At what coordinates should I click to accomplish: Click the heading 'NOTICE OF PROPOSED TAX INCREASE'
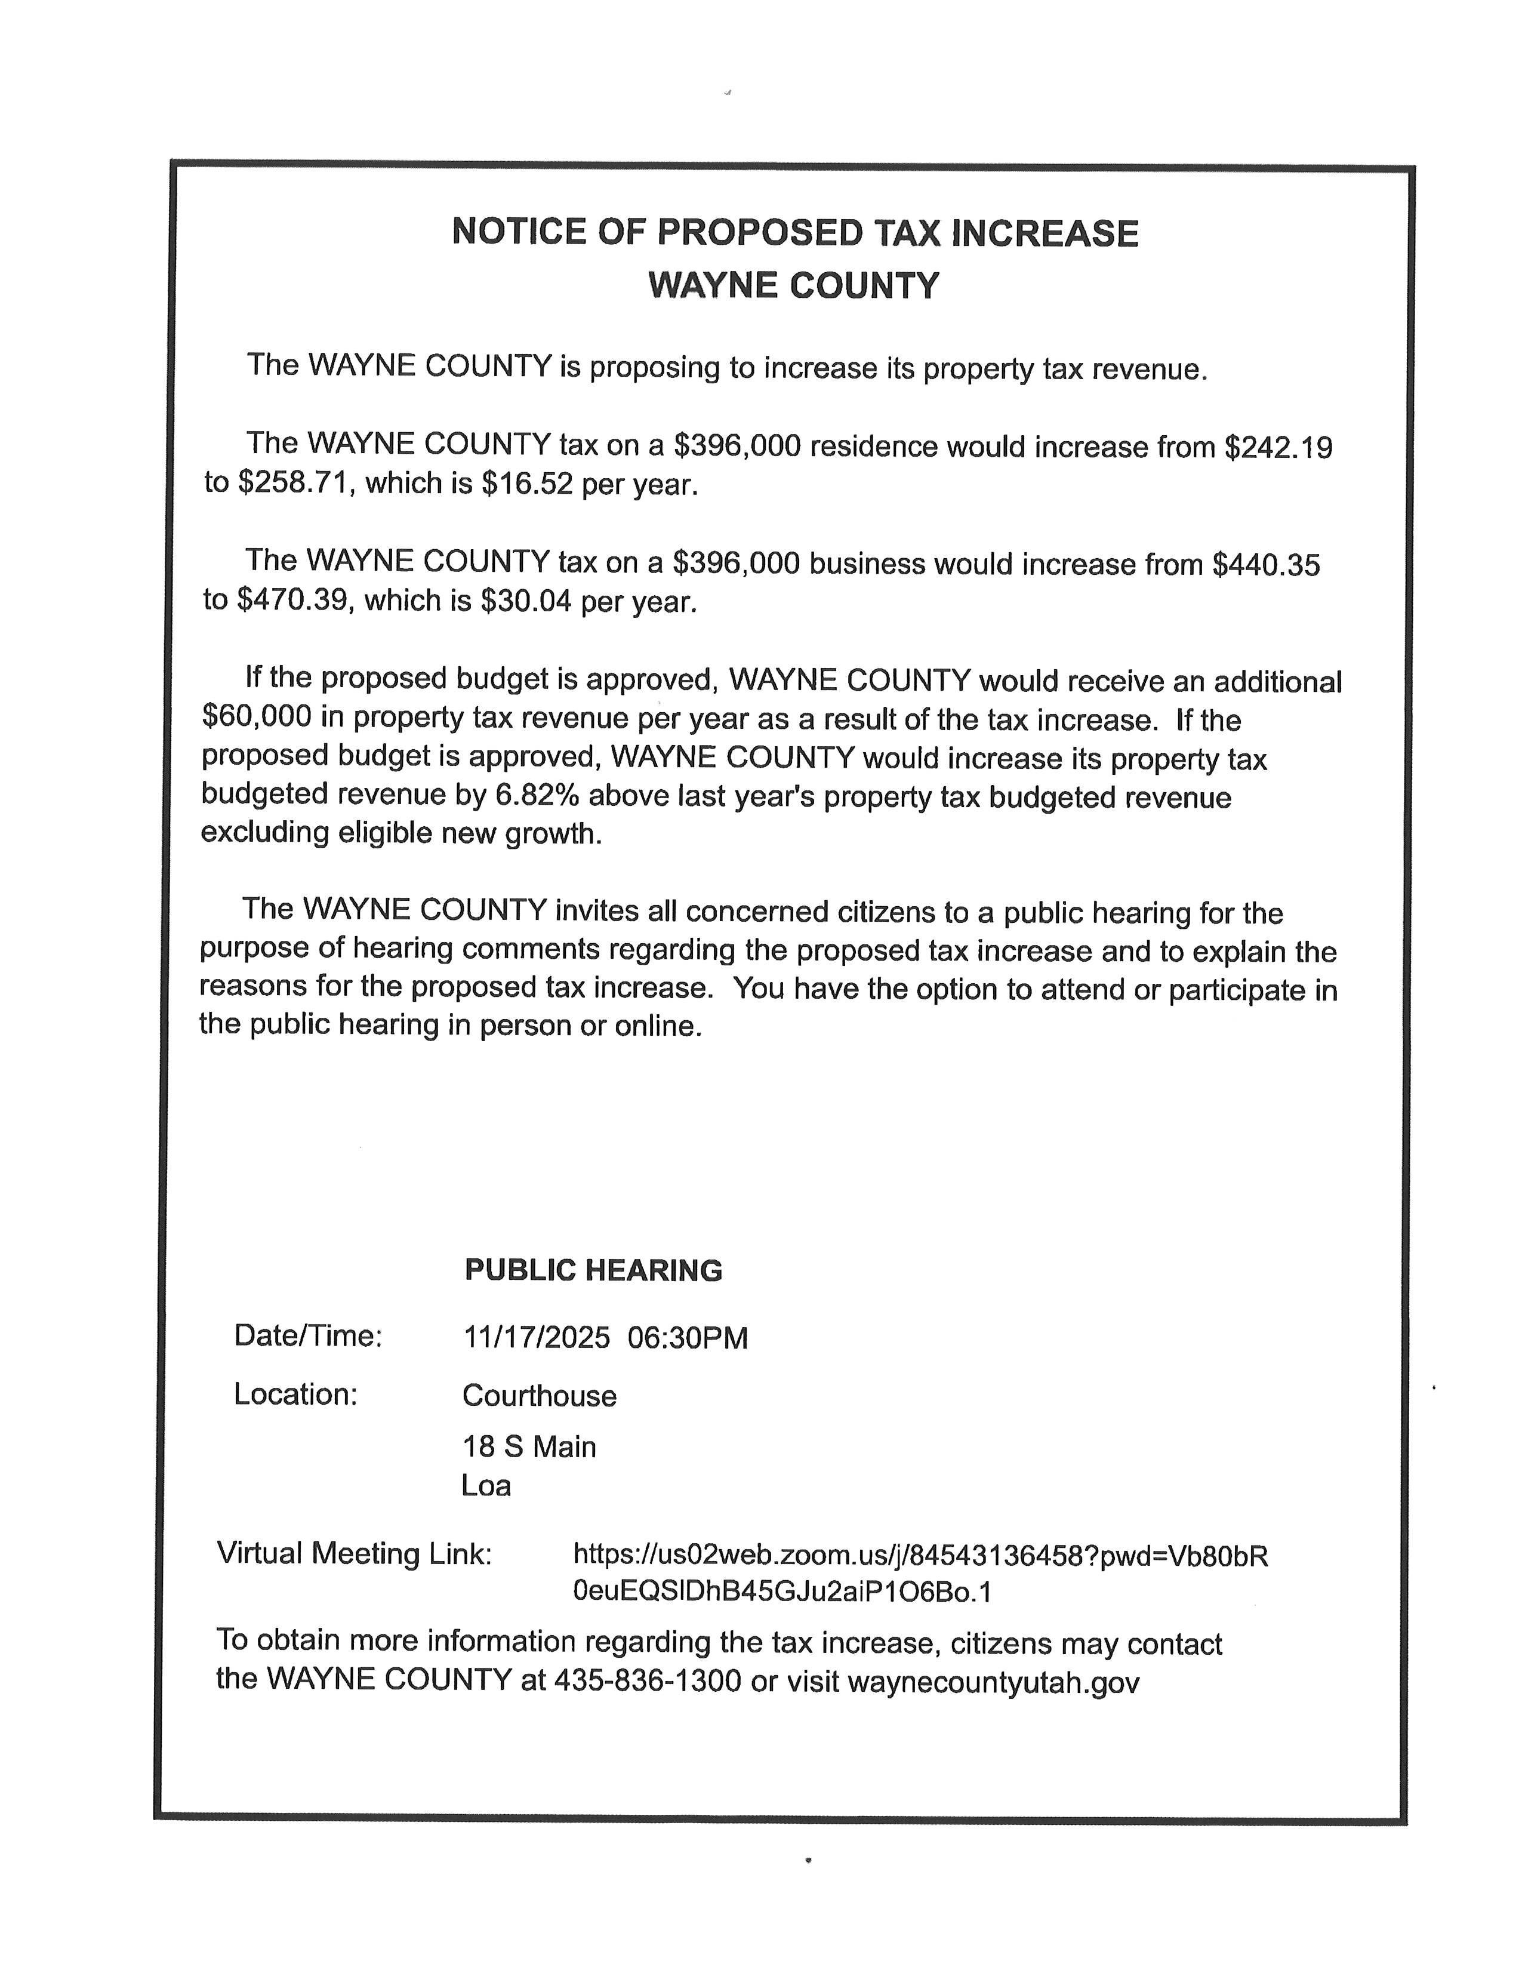click(x=794, y=233)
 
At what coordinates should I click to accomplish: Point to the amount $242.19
click(x=1278, y=447)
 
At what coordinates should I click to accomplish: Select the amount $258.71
click(x=292, y=484)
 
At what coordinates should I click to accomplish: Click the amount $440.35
click(x=1266, y=565)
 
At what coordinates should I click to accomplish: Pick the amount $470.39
click(x=292, y=600)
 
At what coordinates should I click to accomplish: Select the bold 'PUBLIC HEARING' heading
click(x=593, y=1270)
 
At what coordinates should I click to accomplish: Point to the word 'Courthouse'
click(x=539, y=1396)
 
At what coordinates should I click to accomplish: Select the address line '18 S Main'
click(x=529, y=1447)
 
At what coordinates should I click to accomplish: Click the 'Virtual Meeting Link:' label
click(x=355, y=1553)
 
